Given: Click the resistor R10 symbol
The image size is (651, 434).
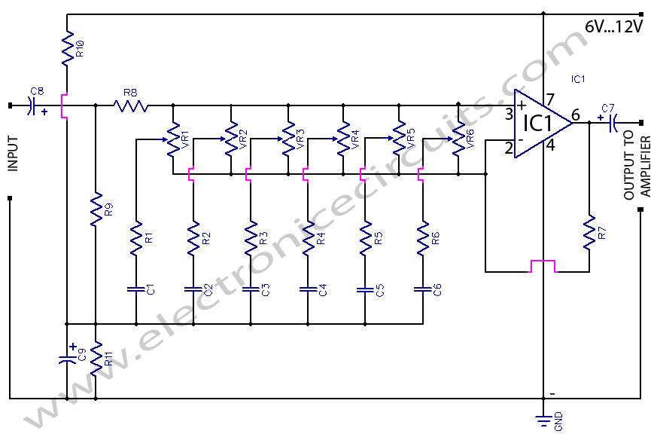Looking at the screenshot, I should pyautogui.click(x=67, y=47).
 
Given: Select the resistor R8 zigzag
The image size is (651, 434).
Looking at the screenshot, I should pyautogui.click(x=132, y=105).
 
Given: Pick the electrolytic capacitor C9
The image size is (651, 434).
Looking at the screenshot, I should pyautogui.click(x=67, y=358).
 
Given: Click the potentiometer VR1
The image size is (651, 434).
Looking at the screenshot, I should pyautogui.click(x=174, y=139).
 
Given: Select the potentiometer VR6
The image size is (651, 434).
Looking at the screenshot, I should pyautogui.click(x=458, y=139).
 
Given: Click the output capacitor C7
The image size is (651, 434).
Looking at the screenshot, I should pyautogui.click(x=611, y=122).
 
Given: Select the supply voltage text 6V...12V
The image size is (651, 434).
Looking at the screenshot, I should pyautogui.click(x=613, y=27).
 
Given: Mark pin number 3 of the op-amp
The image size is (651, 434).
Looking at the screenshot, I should pyautogui.click(x=509, y=115).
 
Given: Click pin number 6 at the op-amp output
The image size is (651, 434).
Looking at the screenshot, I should pyautogui.click(x=576, y=115).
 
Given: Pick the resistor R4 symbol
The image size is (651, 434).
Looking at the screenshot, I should pyautogui.click(x=307, y=237).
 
